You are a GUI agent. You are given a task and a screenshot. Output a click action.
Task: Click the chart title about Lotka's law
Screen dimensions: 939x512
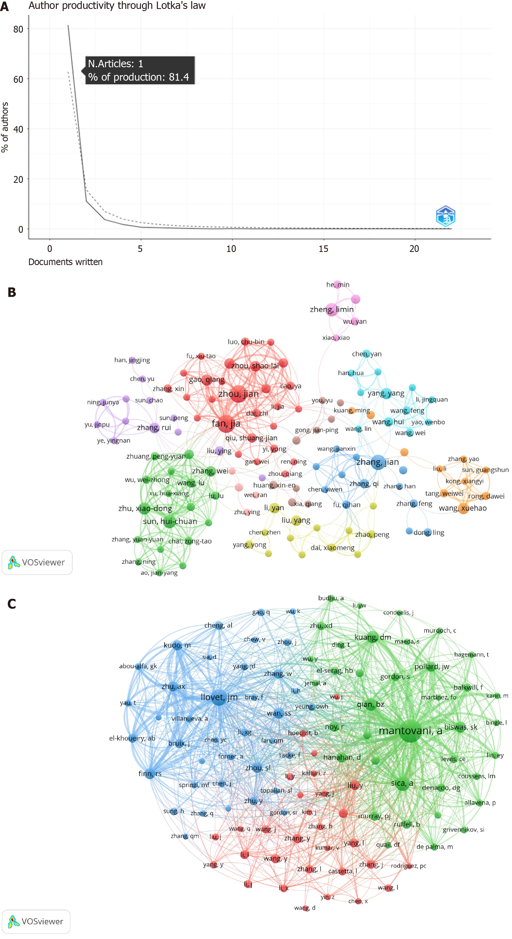117,6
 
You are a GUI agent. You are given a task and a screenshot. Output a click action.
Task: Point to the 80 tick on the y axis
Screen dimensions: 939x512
18,29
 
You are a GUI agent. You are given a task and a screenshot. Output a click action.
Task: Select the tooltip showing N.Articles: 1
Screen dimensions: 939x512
140,70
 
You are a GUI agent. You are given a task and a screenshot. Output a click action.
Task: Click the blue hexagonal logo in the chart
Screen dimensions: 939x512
445,216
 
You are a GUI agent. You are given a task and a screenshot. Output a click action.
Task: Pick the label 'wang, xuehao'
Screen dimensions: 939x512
462,508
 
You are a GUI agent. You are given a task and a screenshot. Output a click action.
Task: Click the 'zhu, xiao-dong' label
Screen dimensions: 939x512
145,508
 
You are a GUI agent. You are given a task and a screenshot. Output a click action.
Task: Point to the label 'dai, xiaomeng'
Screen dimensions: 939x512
332,548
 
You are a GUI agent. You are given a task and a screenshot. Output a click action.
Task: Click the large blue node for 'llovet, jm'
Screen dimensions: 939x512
219,697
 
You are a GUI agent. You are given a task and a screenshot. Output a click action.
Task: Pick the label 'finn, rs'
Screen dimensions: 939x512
150,773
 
